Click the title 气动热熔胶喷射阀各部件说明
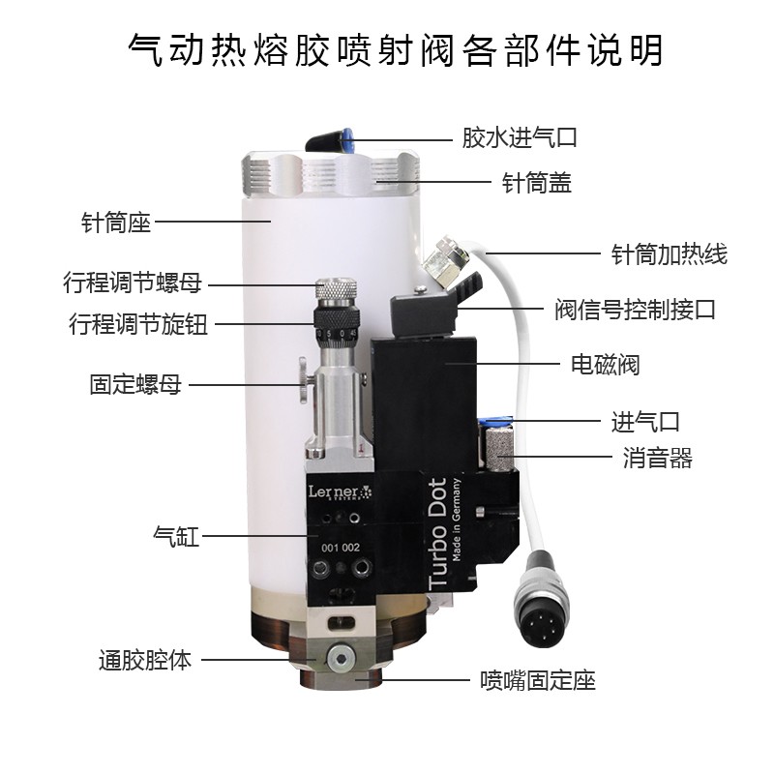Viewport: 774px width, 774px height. tap(395, 51)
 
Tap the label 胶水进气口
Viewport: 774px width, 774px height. tap(520, 137)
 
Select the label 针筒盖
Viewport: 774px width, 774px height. tap(537, 183)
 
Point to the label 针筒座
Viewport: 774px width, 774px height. tap(116, 223)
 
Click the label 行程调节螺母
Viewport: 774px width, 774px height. tap(133, 283)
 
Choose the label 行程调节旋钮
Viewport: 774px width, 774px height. tap(138, 324)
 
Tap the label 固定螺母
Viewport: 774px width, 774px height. tap(135, 384)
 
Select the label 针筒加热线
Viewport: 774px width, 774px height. tap(670, 254)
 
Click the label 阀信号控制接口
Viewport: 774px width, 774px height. tap(635, 310)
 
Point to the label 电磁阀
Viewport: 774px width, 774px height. tap(606, 365)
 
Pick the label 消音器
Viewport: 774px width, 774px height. tap(658, 458)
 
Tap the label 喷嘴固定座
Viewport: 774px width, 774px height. tap(538, 681)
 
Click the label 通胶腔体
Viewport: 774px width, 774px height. tap(144, 660)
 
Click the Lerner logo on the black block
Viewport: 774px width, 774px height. tap(341, 492)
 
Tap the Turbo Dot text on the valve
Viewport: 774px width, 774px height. tap(437, 533)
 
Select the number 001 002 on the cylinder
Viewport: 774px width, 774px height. tap(341, 548)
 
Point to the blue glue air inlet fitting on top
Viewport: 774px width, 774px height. tap(348, 139)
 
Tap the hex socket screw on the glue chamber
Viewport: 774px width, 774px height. tap(340, 659)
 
